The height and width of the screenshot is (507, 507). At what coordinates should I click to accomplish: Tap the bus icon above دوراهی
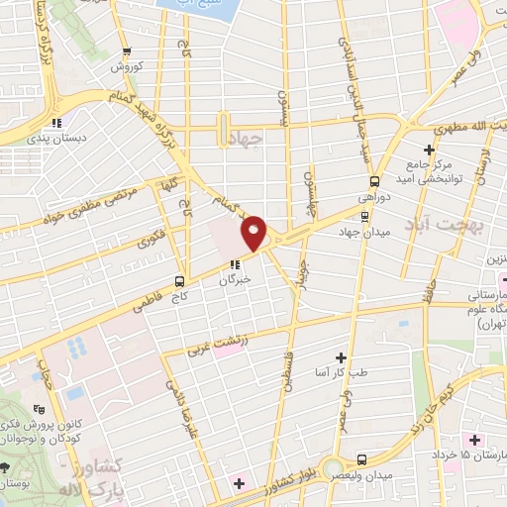pos(375,180)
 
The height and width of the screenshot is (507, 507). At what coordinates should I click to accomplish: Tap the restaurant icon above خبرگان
pos(235,264)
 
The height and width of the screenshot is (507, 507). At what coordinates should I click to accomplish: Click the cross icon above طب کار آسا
pos(342,356)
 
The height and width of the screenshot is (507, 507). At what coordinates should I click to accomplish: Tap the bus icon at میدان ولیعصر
pos(361,459)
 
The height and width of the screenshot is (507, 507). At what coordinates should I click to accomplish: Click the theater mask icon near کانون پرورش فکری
pos(39,407)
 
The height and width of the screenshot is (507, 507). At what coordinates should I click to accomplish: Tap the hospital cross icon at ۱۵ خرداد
pos(474,439)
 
